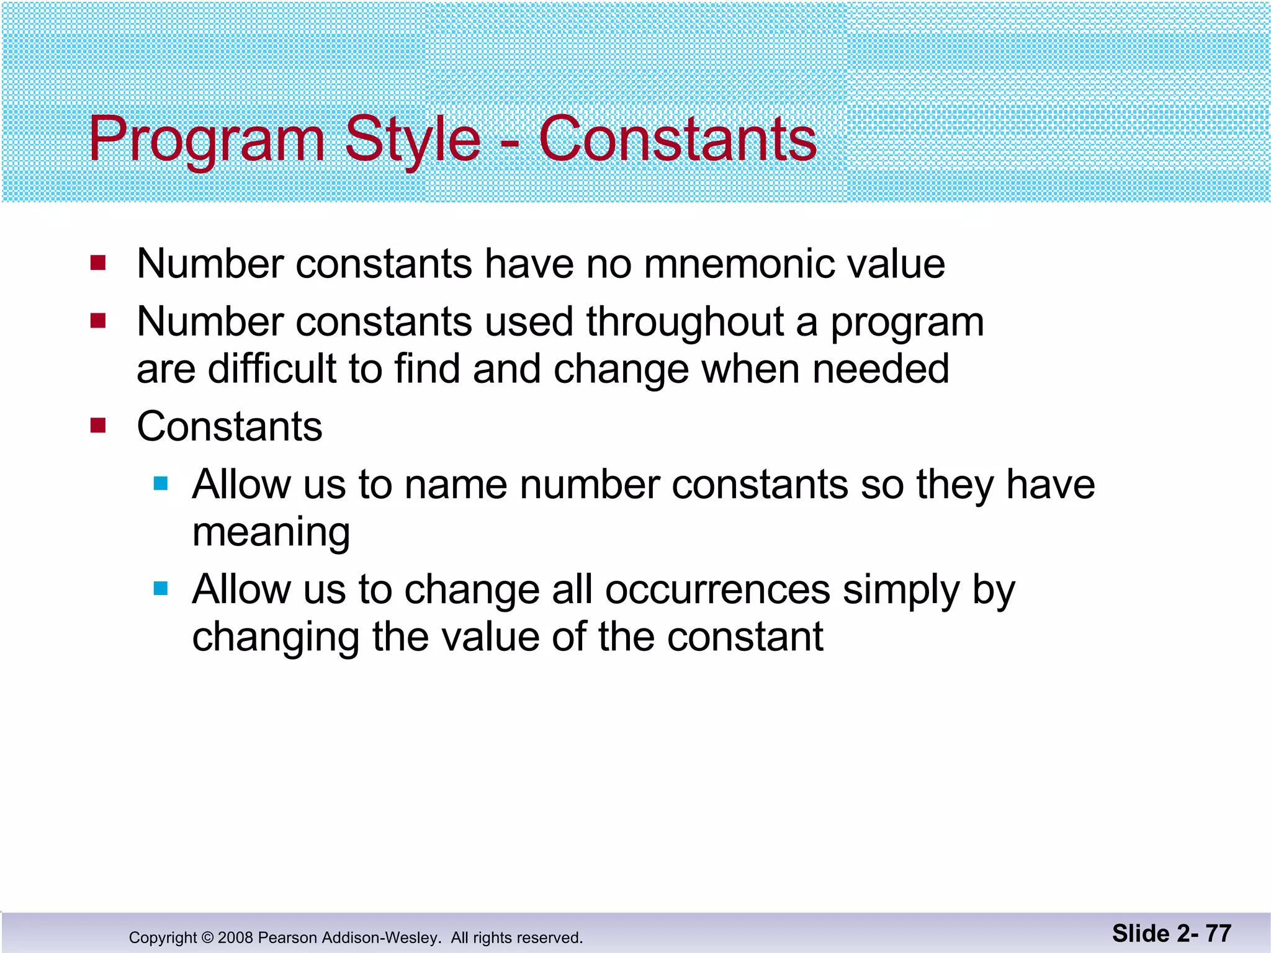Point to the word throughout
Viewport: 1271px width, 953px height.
pyautogui.click(x=685, y=322)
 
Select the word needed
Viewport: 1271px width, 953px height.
pyautogui.click(x=881, y=369)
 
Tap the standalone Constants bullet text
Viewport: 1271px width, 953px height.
pyautogui.click(x=230, y=427)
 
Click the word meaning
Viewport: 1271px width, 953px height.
pyautogui.click(x=271, y=532)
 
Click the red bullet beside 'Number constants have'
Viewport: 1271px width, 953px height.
pyautogui.click(x=98, y=263)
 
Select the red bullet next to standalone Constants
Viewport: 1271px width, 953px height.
pyautogui.click(x=98, y=426)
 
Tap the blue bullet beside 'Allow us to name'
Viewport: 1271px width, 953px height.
pyautogui.click(x=161, y=483)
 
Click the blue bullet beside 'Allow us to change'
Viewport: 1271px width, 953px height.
pyautogui.click(x=161, y=588)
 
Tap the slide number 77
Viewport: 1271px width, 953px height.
pyautogui.click(x=1218, y=933)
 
